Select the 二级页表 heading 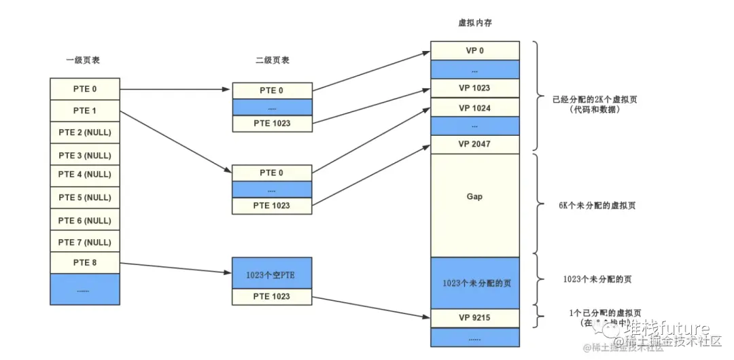coord(272,60)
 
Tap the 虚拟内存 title coord(475,23)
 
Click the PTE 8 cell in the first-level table coord(85,262)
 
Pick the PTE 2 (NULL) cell coord(85,132)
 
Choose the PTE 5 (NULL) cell coord(85,198)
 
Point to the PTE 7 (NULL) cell coord(85,242)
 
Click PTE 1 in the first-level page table coord(85,110)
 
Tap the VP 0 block coord(474,50)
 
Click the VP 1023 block coord(474,88)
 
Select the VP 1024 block coord(474,107)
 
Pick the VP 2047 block coord(474,144)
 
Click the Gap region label coord(474,197)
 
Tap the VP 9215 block coord(474,317)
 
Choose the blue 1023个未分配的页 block coord(474,283)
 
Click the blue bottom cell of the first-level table coord(85,289)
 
